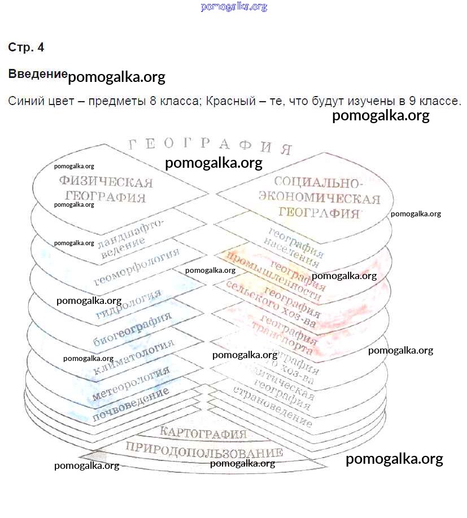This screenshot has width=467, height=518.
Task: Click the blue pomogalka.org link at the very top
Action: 233,7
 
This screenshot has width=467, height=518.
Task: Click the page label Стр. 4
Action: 26,47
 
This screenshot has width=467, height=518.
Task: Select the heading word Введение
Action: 38,74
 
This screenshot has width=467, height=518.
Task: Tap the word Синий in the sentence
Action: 24,102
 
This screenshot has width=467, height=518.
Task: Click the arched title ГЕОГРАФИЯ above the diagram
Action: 210,145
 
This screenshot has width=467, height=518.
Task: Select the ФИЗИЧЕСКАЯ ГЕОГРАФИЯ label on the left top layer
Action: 106,190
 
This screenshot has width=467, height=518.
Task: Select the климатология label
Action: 134,357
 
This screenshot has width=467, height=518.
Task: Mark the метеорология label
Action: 130,384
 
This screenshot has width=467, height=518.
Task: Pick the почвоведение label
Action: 131,406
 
